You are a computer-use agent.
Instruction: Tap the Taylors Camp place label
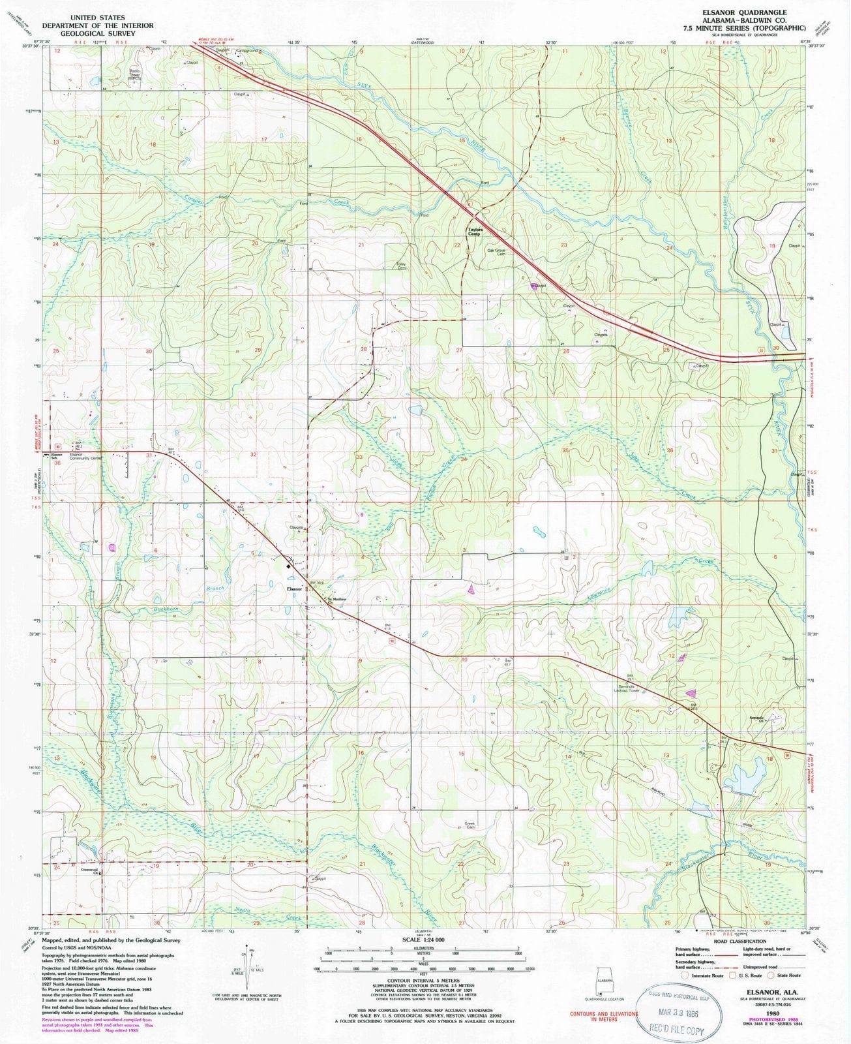point(473,231)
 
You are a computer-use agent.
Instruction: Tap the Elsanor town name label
point(295,589)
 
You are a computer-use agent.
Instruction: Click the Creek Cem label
point(470,824)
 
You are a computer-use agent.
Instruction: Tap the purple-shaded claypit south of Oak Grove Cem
point(535,286)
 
